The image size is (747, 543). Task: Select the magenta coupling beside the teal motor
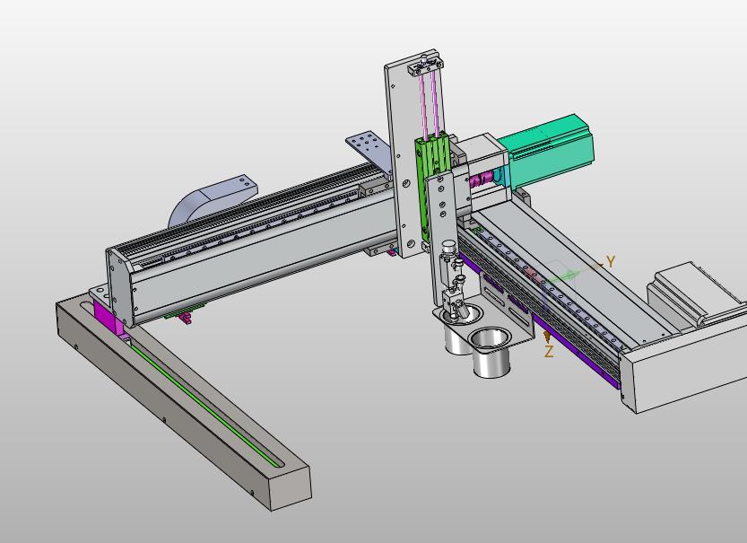(x=481, y=180)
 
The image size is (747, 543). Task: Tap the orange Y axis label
(x=611, y=261)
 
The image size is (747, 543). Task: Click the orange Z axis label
(x=550, y=352)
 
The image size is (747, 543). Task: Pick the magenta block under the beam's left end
(x=109, y=317)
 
